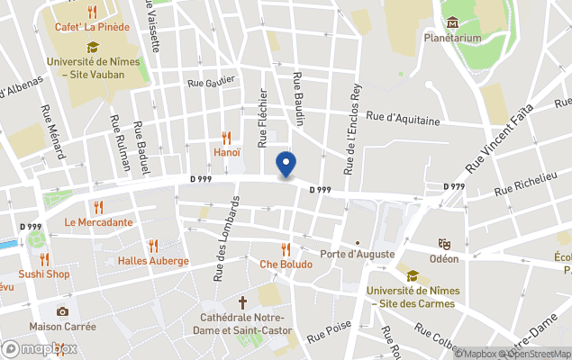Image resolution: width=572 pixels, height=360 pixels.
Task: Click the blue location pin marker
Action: pos(286,164)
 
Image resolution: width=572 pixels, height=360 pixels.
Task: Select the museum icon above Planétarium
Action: pos(451,22)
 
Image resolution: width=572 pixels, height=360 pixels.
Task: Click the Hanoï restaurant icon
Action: pos(226,138)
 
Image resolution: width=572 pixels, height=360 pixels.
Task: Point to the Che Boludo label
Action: pos(286,265)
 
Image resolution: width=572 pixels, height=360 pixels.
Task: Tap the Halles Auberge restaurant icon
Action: pos(153,246)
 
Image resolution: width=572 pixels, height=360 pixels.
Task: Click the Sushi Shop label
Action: pos(44,274)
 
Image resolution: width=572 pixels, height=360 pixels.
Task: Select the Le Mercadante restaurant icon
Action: pos(98,207)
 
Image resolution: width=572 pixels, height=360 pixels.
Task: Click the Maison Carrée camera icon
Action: pos(62,311)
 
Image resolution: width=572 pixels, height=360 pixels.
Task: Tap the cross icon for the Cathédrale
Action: pos(242,303)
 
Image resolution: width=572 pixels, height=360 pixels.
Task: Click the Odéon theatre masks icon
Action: pos(444,244)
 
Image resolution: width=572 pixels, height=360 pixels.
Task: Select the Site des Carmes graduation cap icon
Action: pos(413,276)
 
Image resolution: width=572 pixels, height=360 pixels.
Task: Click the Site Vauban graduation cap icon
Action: pos(92,47)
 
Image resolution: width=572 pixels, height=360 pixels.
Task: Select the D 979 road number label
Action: pos(454,186)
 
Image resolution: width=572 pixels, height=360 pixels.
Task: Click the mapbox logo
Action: pos(41,348)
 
